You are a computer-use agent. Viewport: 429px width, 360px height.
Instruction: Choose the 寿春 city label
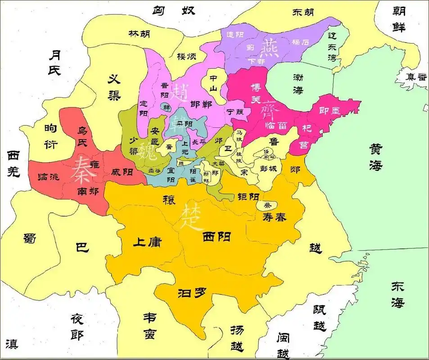click(274, 217)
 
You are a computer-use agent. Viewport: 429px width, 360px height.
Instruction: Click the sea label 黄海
click(376, 157)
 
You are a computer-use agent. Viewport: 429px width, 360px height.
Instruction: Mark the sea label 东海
click(397, 295)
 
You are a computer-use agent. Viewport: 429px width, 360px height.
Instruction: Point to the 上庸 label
click(147, 242)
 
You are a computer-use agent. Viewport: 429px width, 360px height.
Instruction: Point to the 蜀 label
click(30, 238)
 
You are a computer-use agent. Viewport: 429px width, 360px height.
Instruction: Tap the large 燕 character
click(271, 48)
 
